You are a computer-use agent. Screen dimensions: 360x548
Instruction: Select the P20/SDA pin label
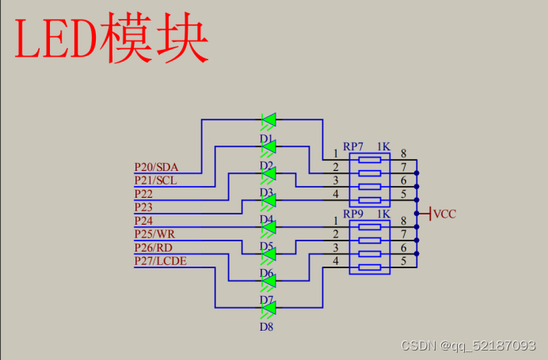point(156,167)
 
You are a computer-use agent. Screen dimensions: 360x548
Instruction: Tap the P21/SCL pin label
point(155,180)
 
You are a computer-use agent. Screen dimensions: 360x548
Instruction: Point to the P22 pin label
point(143,194)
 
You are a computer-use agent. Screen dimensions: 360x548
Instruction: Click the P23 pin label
point(143,207)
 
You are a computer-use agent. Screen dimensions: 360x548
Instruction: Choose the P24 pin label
point(143,221)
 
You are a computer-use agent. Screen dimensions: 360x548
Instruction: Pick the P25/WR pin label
point(154,234)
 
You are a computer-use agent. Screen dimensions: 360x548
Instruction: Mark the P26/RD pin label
point(154,248)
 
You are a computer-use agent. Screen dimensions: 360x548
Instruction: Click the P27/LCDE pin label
point(161,261)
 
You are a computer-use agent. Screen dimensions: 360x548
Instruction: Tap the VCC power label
point(445,214)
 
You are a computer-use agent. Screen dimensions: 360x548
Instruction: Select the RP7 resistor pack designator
point(353,146)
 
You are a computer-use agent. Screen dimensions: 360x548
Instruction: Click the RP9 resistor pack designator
point(353,214)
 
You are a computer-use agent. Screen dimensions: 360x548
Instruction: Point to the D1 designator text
point(266,138)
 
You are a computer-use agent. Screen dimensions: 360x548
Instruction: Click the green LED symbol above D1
point(268,120)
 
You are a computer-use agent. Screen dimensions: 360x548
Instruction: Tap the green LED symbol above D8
point(268,308)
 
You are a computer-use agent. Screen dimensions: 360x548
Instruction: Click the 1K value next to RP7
point(383,146)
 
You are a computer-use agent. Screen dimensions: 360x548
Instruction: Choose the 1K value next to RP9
point(383,214)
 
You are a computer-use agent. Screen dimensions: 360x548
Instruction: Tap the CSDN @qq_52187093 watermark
point(468,346)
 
